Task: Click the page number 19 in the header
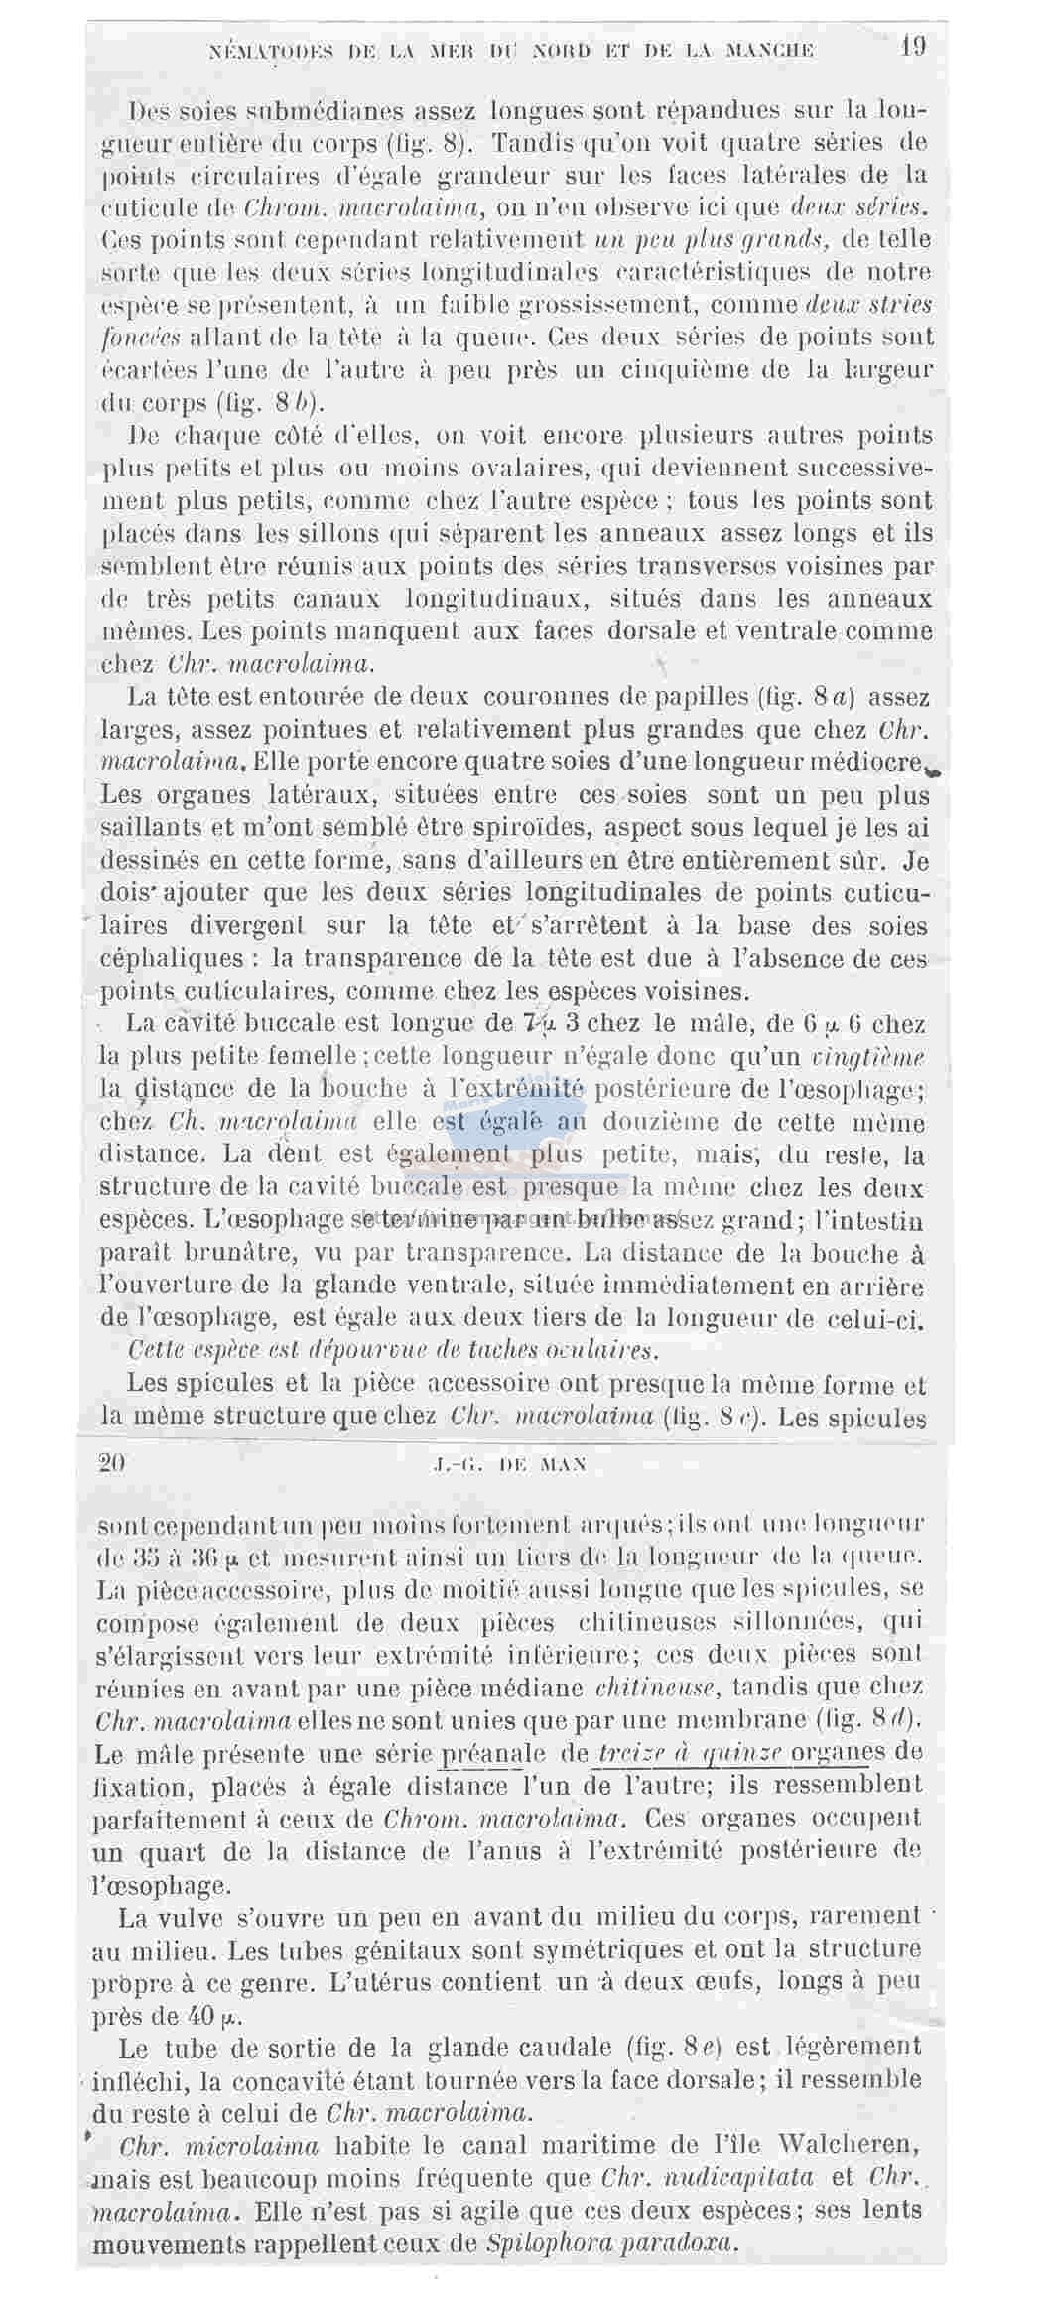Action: point(913,47)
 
